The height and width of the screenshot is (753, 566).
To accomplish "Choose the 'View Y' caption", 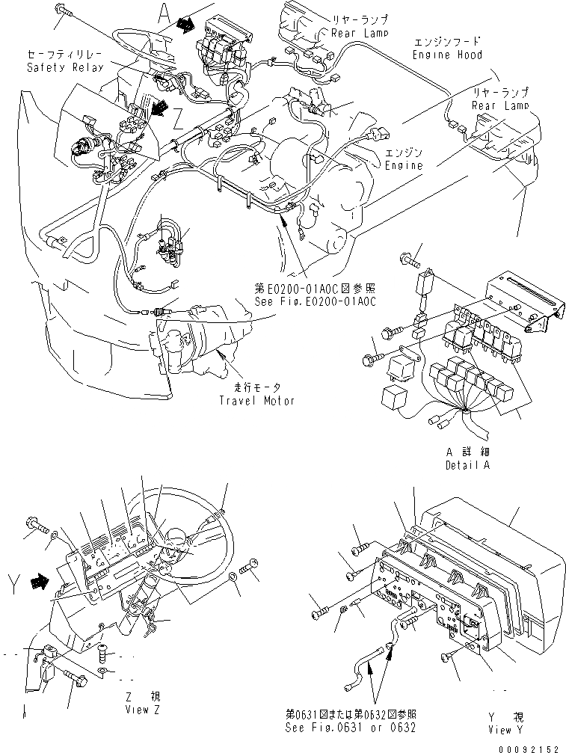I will [x=509, y=729].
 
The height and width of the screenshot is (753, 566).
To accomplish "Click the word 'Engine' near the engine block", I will [x=403, y=165].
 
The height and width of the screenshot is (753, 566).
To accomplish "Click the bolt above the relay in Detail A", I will [x=410, y=259].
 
